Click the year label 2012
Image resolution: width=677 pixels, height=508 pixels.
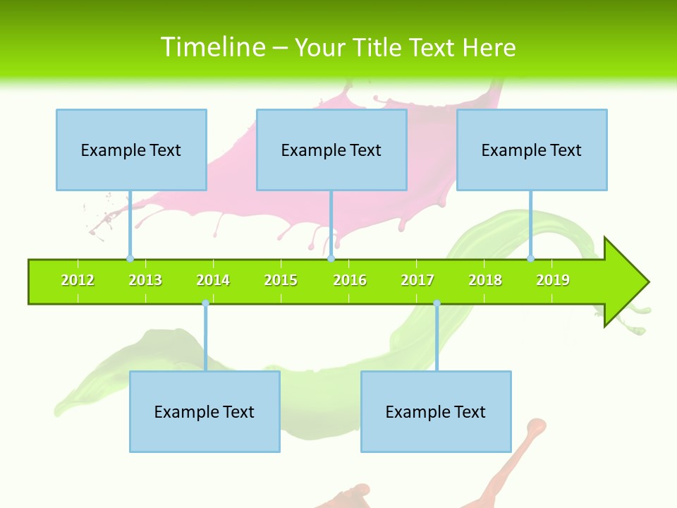(x=78, y=281)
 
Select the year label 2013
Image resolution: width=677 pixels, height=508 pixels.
(x=145, y=281)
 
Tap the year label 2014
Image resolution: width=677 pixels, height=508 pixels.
(x=213, y=281)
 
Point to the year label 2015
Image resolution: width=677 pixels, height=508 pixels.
(x=281, y=281)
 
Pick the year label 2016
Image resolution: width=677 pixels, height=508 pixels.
(x=350, y=281)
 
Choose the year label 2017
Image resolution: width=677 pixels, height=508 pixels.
(x=417, y=281)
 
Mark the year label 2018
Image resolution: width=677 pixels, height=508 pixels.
(x=485, y=281)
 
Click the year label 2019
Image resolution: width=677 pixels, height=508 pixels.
(x=553, y=281)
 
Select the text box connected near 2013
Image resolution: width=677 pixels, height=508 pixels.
(x=131, y=150)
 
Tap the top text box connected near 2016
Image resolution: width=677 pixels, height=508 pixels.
(x=331, y=150)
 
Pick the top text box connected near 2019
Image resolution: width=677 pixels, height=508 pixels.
(x=532, y=150)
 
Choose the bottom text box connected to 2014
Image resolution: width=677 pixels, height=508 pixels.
(x=205, y=411)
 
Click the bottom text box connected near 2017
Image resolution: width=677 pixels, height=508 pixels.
(x=436, y=411)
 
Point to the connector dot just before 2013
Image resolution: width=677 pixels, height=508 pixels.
(x=130, y=258)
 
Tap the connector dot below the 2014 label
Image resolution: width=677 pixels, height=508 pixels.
(x=205, y=303)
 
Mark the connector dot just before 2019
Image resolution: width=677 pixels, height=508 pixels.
(x=530, y=258)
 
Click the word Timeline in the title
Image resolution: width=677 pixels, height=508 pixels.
(x=212, y=47)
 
